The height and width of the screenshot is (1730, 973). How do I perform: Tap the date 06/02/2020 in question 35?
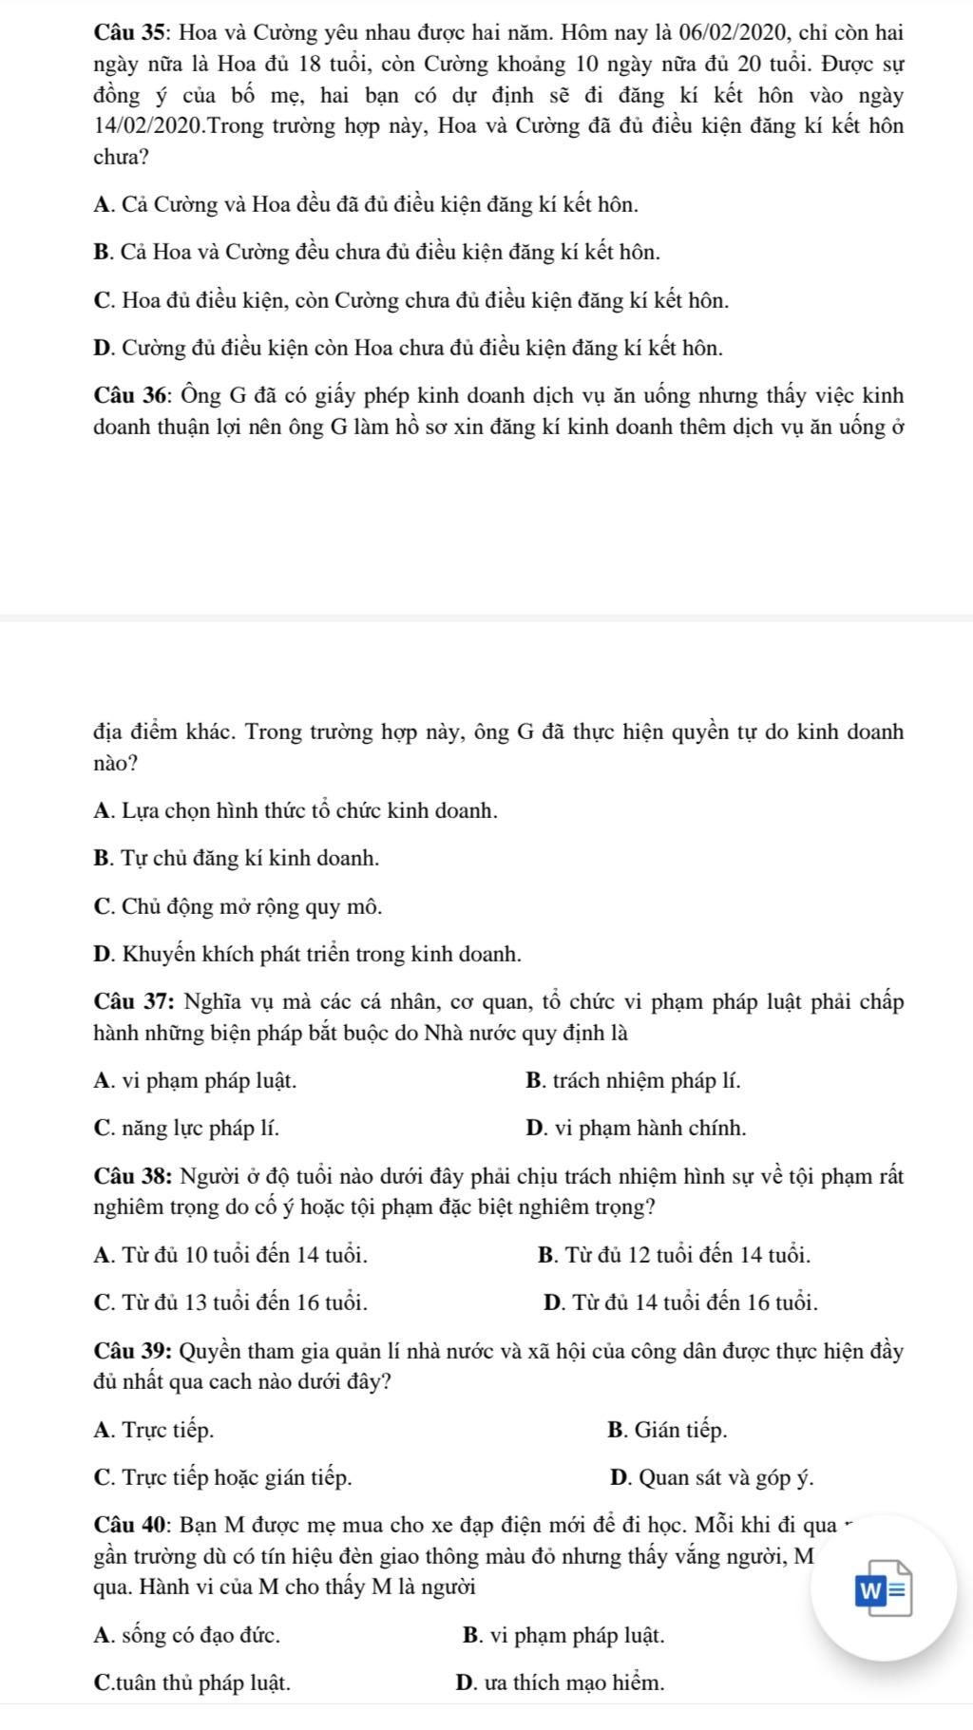click(x=730, y=33)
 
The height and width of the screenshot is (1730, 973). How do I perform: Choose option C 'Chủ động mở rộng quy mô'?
click(x=238, y=907)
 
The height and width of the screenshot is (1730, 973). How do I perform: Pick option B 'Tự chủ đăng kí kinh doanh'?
click(x=237, y=859)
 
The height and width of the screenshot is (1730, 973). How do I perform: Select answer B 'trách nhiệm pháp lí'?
click(x=633, y=1080)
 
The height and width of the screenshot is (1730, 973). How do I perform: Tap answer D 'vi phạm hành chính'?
click(x=636, y=1129)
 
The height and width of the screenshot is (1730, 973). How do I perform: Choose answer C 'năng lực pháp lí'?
click(x=187, y=1129)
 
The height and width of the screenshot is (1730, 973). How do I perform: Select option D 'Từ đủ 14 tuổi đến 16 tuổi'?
click(x=681, y=1302)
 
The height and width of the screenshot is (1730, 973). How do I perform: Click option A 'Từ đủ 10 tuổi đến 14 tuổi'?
click(x=231, y=1255)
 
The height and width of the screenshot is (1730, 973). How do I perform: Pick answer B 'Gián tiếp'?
click(x=667, y=1430)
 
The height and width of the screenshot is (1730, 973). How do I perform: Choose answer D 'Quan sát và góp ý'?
click(x=712, y=1478)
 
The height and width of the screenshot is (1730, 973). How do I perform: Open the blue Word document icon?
click(x=884, y=1588)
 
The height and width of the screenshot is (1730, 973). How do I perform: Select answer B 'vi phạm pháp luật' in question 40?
click(x=563, y=1636)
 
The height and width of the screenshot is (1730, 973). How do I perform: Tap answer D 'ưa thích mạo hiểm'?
click(x=561, y=1683)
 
